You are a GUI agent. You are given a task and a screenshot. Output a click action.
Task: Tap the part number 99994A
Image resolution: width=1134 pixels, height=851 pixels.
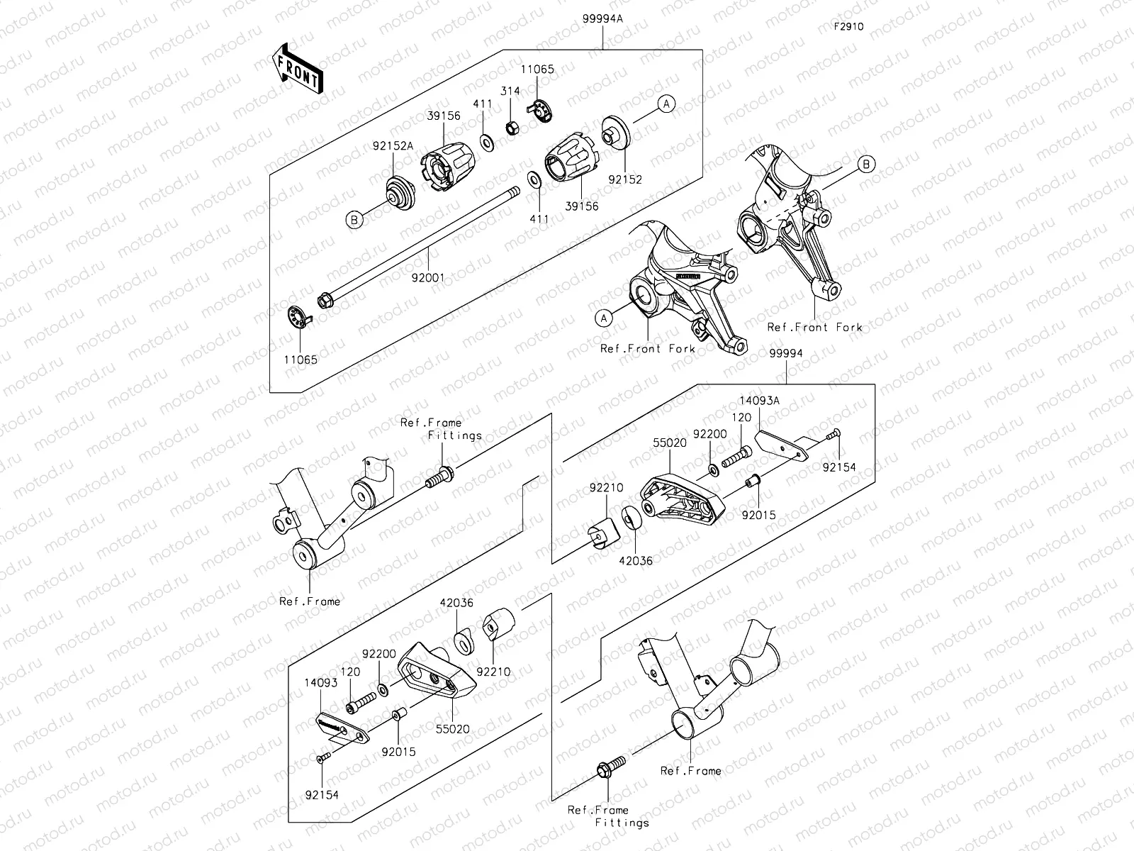[x=602, y=20]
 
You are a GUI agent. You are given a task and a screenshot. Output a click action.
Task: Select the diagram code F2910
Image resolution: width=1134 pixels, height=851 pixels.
[x=848, y=27]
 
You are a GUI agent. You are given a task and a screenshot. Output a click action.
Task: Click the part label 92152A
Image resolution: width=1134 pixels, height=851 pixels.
[x=393, y=146]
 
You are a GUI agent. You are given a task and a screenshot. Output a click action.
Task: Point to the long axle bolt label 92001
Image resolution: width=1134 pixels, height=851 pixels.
[x=428, y=278]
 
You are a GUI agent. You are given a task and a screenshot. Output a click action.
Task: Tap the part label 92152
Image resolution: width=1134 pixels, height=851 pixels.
[x=625, y=179]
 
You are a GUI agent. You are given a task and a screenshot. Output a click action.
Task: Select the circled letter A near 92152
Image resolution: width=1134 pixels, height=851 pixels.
[x=666, y=104]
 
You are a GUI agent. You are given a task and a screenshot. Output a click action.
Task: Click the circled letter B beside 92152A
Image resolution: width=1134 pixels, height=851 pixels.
[x=354, y=221]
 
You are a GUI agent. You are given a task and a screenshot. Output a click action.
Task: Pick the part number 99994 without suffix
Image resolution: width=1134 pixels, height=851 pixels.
[x=787, y=353]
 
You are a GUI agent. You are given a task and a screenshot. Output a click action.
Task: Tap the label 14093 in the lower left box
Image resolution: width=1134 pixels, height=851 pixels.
[x=322, y=683]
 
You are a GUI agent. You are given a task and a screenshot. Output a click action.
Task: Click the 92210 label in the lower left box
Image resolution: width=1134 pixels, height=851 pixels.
[x=493, y=671]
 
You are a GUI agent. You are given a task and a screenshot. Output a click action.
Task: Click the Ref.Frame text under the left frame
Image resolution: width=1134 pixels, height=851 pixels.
[x=310, y=601]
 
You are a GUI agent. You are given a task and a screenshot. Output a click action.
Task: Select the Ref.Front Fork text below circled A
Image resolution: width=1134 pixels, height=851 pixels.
[x=648, y=348]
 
